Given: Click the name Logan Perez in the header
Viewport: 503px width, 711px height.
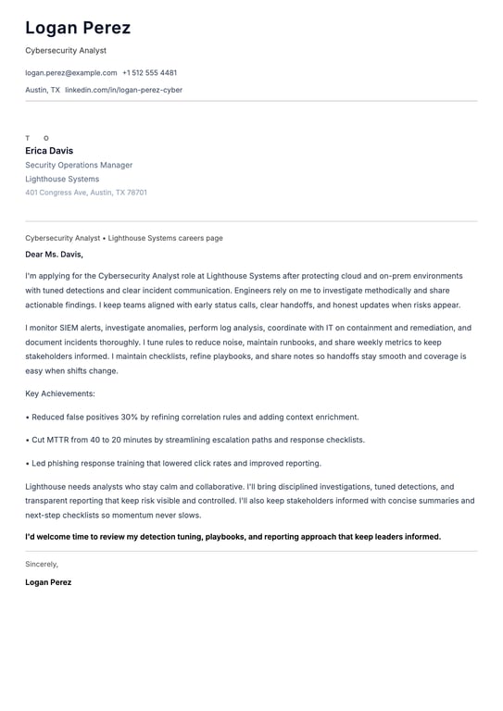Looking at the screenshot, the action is point(78,28).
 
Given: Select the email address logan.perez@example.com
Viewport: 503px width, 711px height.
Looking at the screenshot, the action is point(71,72).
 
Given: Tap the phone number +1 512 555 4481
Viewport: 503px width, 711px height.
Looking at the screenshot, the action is point(149,72).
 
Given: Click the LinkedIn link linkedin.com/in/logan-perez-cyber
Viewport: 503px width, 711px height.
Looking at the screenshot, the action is point(123,90).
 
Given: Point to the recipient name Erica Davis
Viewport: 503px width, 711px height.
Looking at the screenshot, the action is point(49,151).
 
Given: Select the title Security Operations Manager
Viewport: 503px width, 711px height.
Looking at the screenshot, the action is point(79,165).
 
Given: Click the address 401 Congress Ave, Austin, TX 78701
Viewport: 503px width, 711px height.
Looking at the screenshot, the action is point(86,193).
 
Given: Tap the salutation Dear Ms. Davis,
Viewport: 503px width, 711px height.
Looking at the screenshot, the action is point(54,254).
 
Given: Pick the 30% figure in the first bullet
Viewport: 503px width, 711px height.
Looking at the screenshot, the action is point(129,418).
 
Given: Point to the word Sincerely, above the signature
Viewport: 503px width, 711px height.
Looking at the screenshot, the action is point(42,564).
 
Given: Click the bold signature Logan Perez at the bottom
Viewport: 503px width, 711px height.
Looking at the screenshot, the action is point(48,582).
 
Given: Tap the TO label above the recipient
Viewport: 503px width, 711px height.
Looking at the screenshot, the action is point(37,138).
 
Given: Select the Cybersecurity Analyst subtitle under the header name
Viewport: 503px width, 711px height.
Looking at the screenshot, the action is point(66,51).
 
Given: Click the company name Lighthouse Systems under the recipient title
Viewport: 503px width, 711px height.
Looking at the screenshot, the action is point(62,179).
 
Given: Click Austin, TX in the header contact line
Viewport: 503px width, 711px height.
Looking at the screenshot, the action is point(43,90).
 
